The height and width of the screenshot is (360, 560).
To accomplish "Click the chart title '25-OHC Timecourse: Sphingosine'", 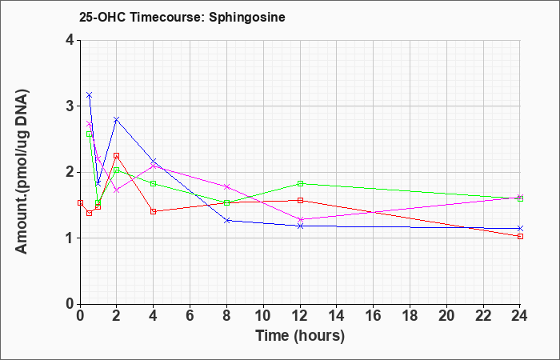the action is coord(182,17).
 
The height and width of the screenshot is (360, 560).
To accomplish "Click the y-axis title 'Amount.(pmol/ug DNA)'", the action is coord(22,172).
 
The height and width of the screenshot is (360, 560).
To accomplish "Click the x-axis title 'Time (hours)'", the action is coord(300,336).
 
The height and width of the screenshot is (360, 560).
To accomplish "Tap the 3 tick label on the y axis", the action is coord(70,106).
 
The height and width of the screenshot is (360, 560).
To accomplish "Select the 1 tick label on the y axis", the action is coord(70,238).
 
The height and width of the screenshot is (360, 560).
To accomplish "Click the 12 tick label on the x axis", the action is coord(300,316).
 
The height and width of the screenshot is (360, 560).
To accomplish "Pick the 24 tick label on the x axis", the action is coord(519,316).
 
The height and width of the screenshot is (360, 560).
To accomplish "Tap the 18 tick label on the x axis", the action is coord(410,316).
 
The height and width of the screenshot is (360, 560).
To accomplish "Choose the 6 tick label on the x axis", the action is coord(190,316).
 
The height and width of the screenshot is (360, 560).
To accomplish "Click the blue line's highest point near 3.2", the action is coord(90,95).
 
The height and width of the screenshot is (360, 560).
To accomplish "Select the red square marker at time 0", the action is coord(80,203).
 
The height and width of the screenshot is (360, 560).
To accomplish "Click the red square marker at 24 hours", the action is coord(520,237).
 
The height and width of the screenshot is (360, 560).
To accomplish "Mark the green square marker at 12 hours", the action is coord(300,183).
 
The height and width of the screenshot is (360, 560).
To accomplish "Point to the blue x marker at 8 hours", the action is coord(226,220).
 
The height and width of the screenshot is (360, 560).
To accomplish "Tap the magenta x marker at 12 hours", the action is coord(300,219).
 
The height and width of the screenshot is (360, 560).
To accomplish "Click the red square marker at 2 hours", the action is coord(117,156).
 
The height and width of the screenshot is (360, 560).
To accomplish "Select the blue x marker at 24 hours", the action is coord(520,228).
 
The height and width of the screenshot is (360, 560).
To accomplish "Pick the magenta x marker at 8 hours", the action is coord(226,186).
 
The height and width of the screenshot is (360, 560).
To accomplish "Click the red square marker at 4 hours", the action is coord(154,211).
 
